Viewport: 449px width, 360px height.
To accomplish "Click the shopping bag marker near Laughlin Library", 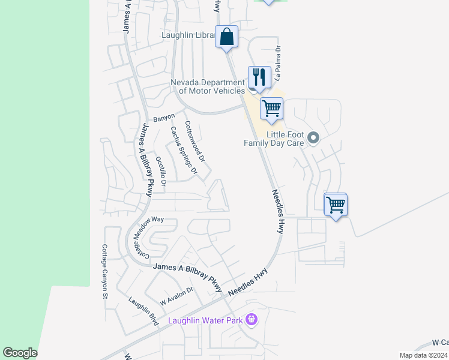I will [227, 37].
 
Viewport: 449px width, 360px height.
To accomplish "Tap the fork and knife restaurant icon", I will [258, 77].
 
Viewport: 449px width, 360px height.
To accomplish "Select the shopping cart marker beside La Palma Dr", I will [271, 109].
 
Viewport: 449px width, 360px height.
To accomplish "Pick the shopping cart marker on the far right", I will [336, 205].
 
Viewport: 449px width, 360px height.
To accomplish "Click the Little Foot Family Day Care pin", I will [313, 139].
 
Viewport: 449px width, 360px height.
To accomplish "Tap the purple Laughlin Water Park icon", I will [252, 320].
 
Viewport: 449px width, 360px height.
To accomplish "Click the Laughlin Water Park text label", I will [205, 320].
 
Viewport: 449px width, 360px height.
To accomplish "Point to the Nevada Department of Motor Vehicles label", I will [208, 86].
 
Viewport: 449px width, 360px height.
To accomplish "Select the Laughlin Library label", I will [188, 35].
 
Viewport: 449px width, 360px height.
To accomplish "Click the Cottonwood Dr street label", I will [195, 142].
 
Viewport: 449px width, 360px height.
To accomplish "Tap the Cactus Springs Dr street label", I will [183, 150].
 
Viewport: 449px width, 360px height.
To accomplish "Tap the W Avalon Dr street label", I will [176, 295].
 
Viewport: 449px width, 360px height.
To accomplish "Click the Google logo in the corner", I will [20, 353].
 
